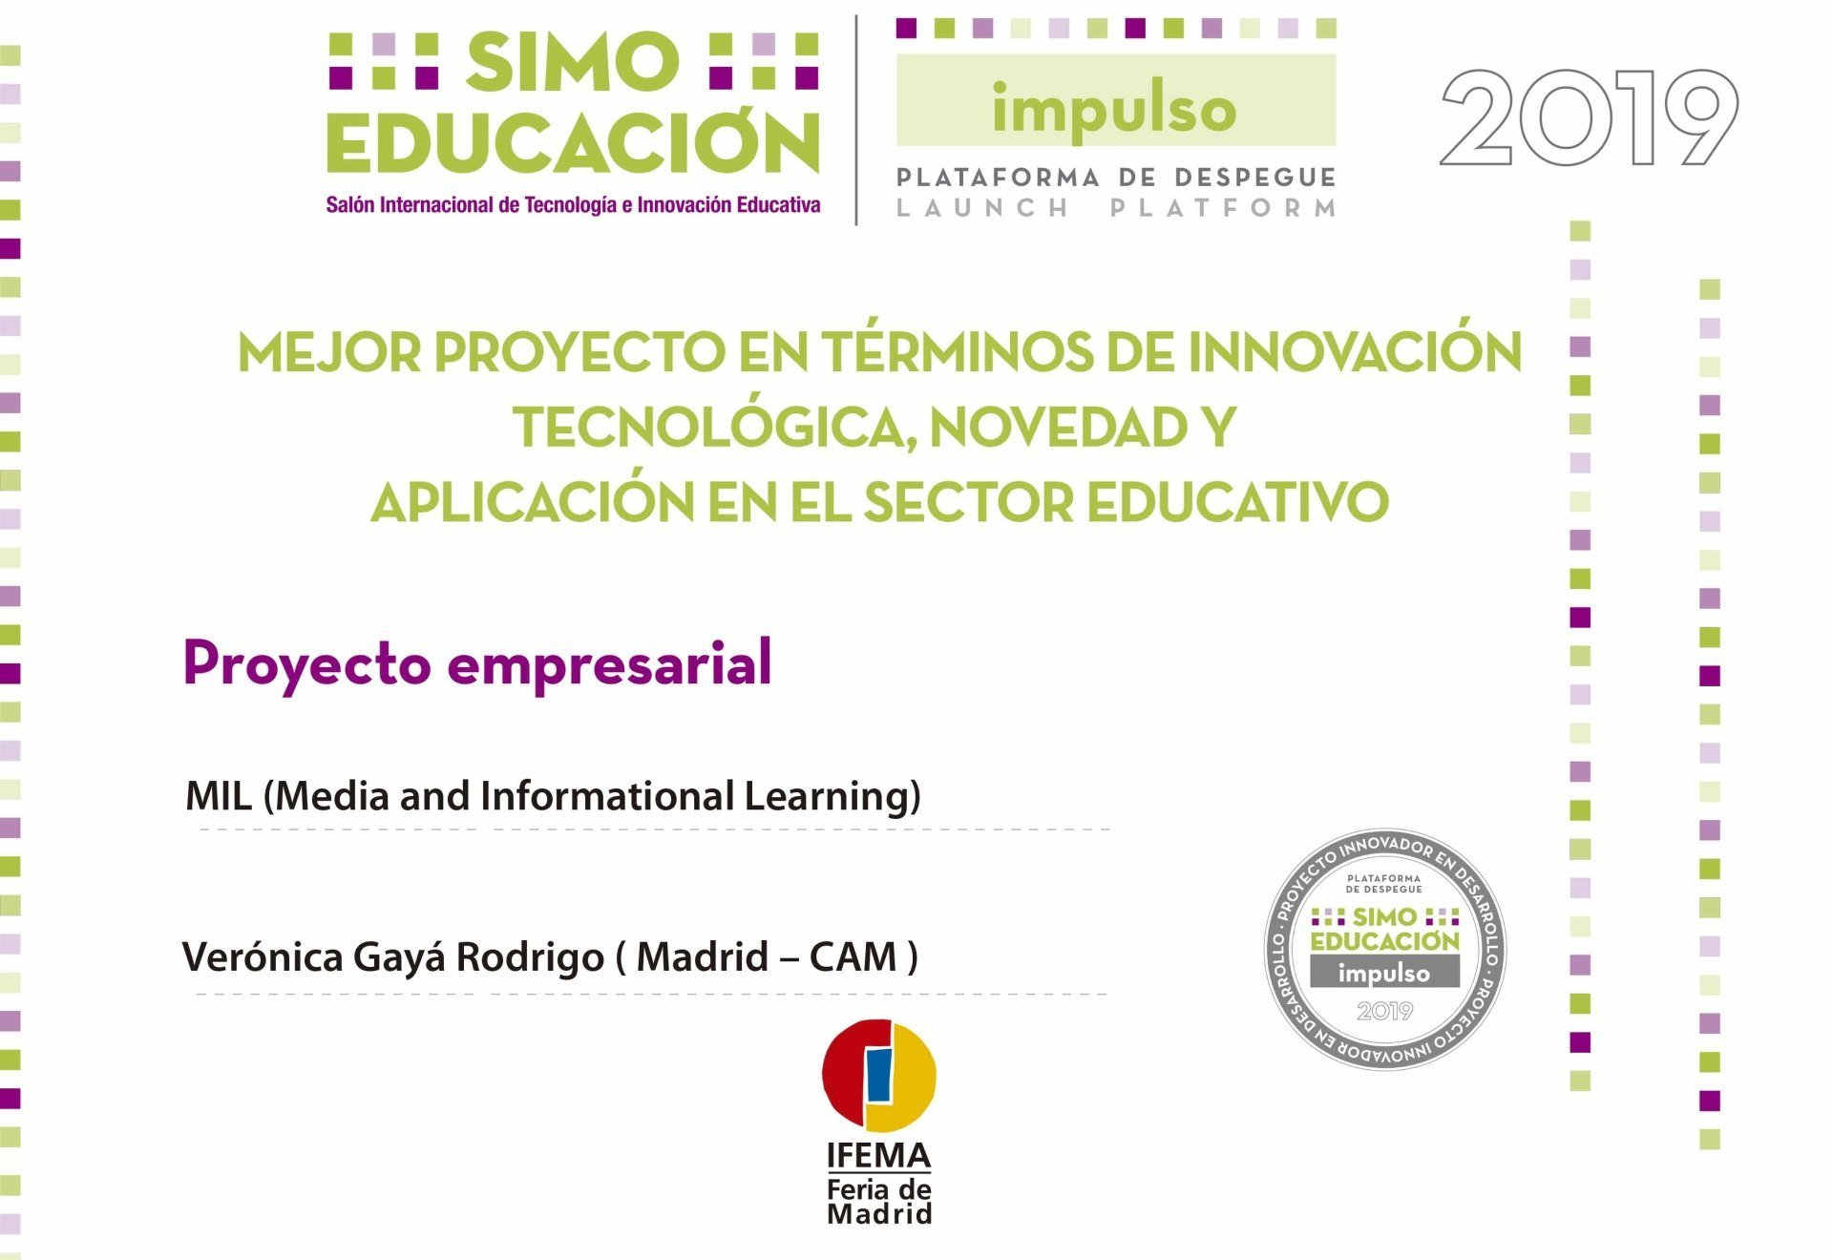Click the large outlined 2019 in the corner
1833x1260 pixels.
1589,118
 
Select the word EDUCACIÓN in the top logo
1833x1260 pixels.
573,143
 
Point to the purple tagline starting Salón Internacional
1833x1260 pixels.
573,205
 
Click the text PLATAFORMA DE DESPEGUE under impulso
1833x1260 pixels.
1115,178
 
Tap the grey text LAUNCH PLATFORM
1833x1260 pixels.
1115,208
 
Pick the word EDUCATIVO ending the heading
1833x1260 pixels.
1237,502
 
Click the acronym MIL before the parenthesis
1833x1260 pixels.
219,796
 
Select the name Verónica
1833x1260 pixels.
262,956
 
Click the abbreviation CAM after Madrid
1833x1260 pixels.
853,956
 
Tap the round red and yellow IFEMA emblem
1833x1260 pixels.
879,1075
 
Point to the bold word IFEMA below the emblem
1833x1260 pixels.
878,1156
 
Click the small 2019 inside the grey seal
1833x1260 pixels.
1384,1011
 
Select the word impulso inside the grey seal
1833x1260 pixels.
1384,974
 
